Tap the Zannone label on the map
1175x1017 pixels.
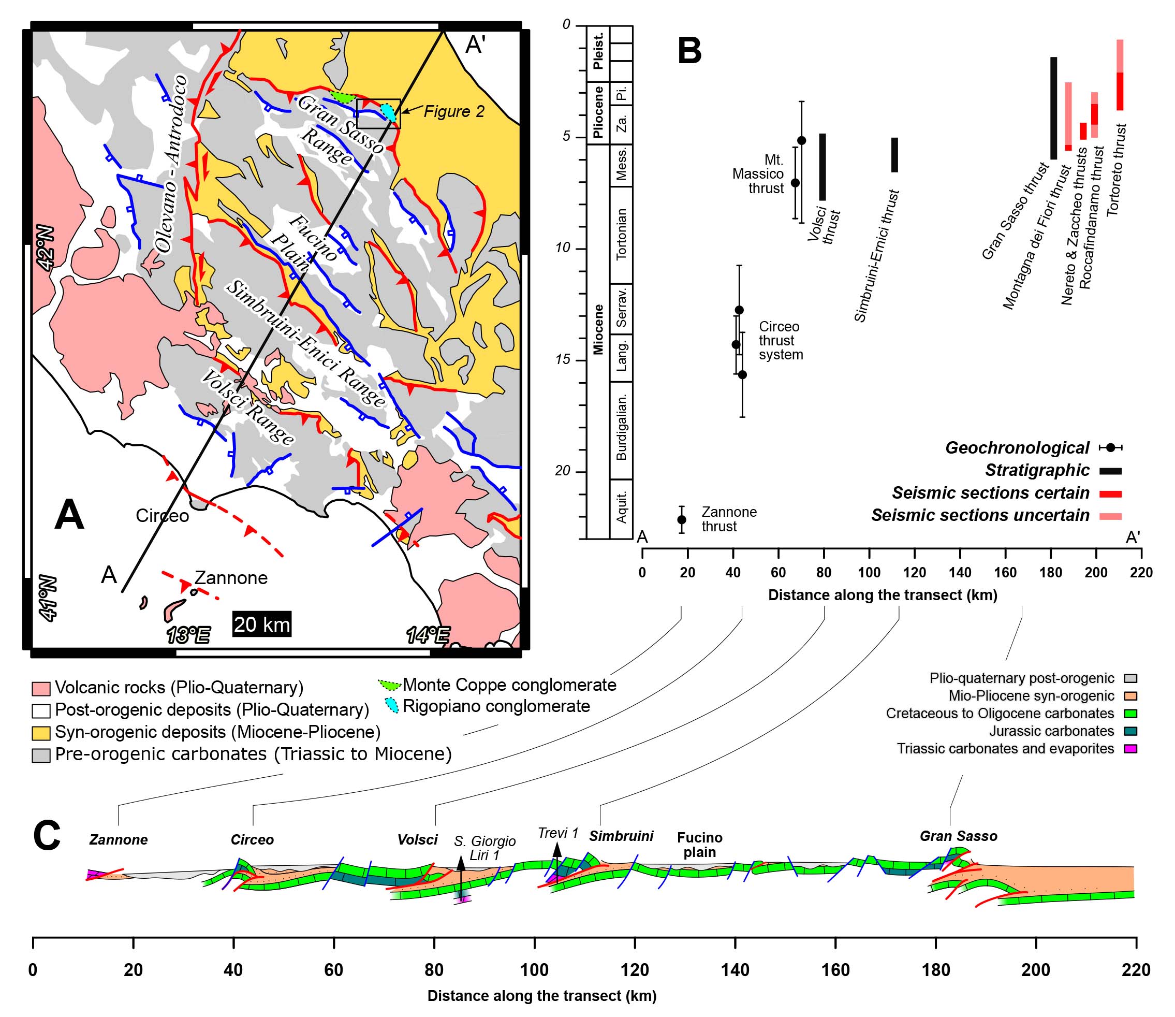[x=231, y=578]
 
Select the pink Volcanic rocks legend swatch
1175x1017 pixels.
[x=41, y=688]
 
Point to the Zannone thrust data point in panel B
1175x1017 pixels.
[x=682, y=519]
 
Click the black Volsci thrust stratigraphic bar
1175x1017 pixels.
[x=822, y=167]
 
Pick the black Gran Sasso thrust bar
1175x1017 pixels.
[x=1053, y=108]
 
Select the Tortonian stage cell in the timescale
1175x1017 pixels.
[x=621, y=235]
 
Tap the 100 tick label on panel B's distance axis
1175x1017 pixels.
[x=869, y=573]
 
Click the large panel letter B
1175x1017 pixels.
[x=689, y=51]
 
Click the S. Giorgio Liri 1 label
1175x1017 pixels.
[x=484, y=848]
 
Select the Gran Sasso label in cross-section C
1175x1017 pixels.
[x=958, y=836]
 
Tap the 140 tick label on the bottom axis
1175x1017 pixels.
[x=736, y=970]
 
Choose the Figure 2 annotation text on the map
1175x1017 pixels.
[x=454, y=111]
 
